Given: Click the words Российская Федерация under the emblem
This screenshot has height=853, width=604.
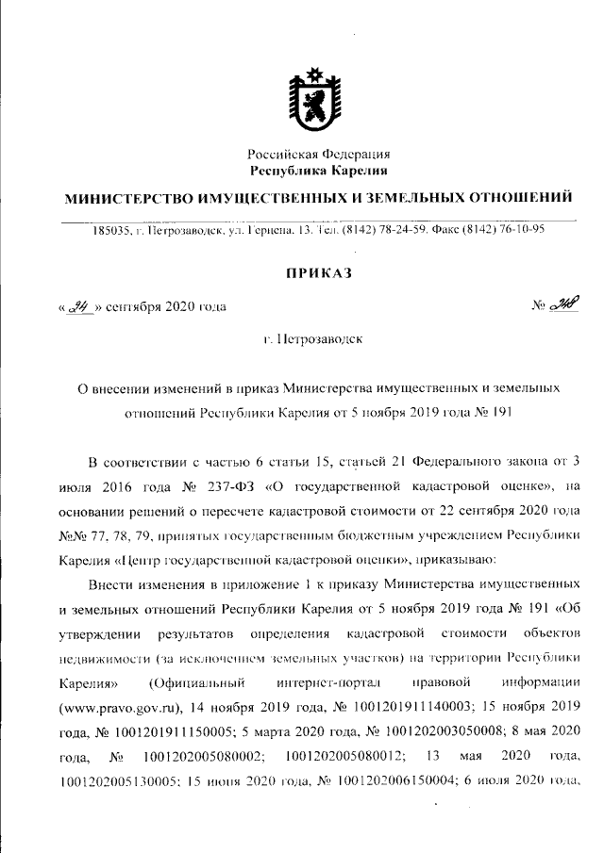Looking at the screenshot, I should click(x=318, y=154).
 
